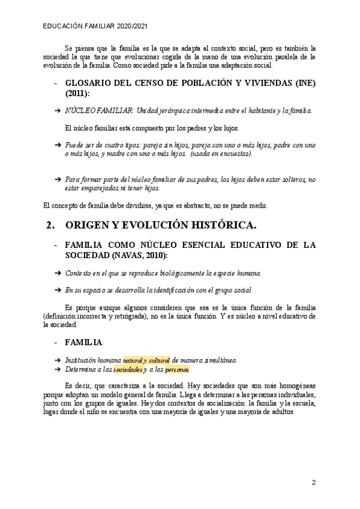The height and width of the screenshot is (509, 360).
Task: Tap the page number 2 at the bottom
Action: pyautogui.click(x=314, y=482)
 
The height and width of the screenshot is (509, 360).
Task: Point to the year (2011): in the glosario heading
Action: pyautogui.click(x=77, y=94)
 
